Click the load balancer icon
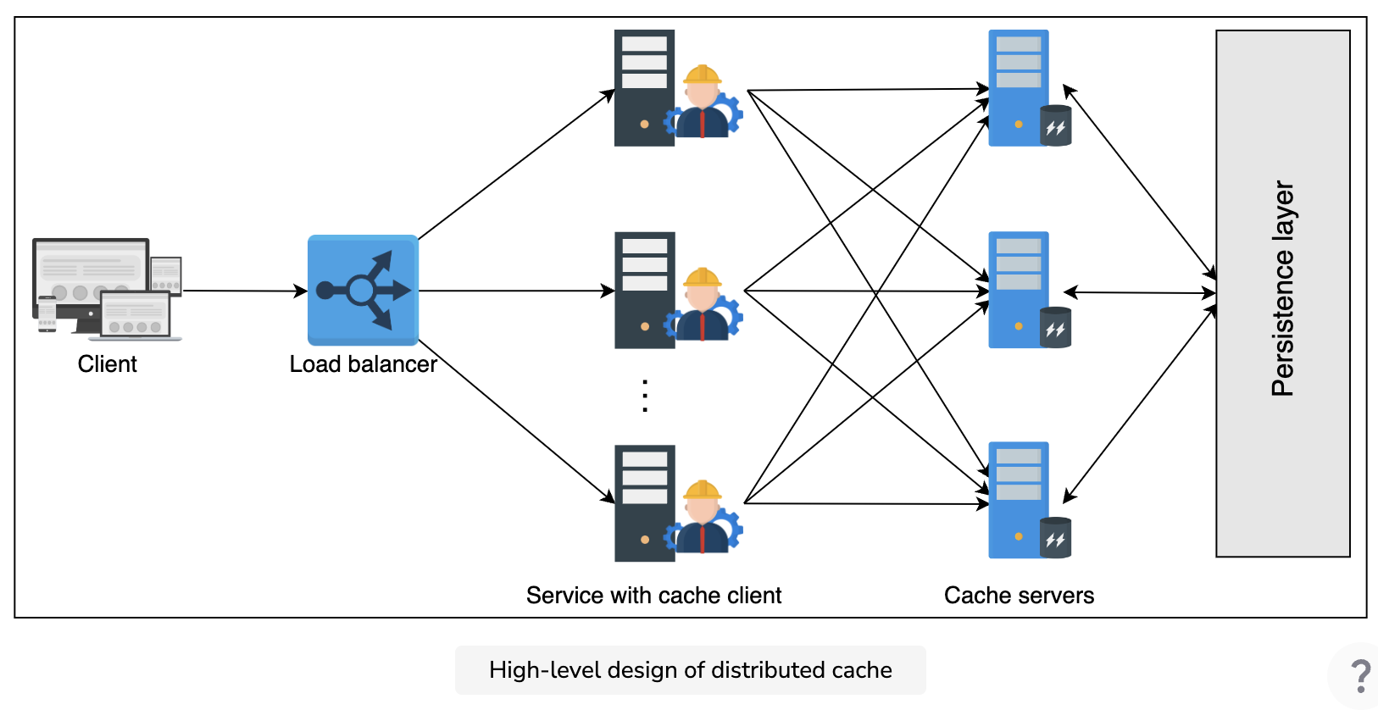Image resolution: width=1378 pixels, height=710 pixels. pyautogui.click(x=363, y=290)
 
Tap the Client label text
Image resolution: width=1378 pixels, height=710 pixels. pyautogui.click(x=107, y=364)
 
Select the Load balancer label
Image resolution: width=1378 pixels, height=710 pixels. pyautogui.click(x=363, y=364)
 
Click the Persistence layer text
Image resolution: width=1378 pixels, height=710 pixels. pyautogui.click(x=1282, y=289)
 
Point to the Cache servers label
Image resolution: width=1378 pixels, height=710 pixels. pyautogui.click(x=1019, y=596)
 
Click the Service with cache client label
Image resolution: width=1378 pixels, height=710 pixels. pyautogui.click(x=653, y=596)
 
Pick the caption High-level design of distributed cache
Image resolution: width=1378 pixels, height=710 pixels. pyautogui.click(x=690, y=670)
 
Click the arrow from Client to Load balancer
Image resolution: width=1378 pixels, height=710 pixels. pyautogui.click(x=246, y=291)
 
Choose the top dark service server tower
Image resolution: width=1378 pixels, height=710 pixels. pyautogui.click(x=644, y=88)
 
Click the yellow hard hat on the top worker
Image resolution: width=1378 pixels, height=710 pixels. pyautogui.click(x=702, y=74)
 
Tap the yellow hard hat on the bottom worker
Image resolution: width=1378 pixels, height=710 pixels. pyautogui.click(x=702, y=490)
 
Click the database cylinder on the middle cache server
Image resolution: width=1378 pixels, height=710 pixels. pyautogui.click(x=1056, y=327)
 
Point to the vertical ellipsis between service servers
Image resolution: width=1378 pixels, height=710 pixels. pyautogui.click(x=645, y=396)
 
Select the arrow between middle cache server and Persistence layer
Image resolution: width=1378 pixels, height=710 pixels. pyautogui.click(x=1140, y=293)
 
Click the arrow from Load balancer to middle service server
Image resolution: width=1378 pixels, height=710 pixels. pyautogui.click(x=517, y=291)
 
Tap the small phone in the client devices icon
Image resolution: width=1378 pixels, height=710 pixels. pyautogui.click(x=47, y=313)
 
